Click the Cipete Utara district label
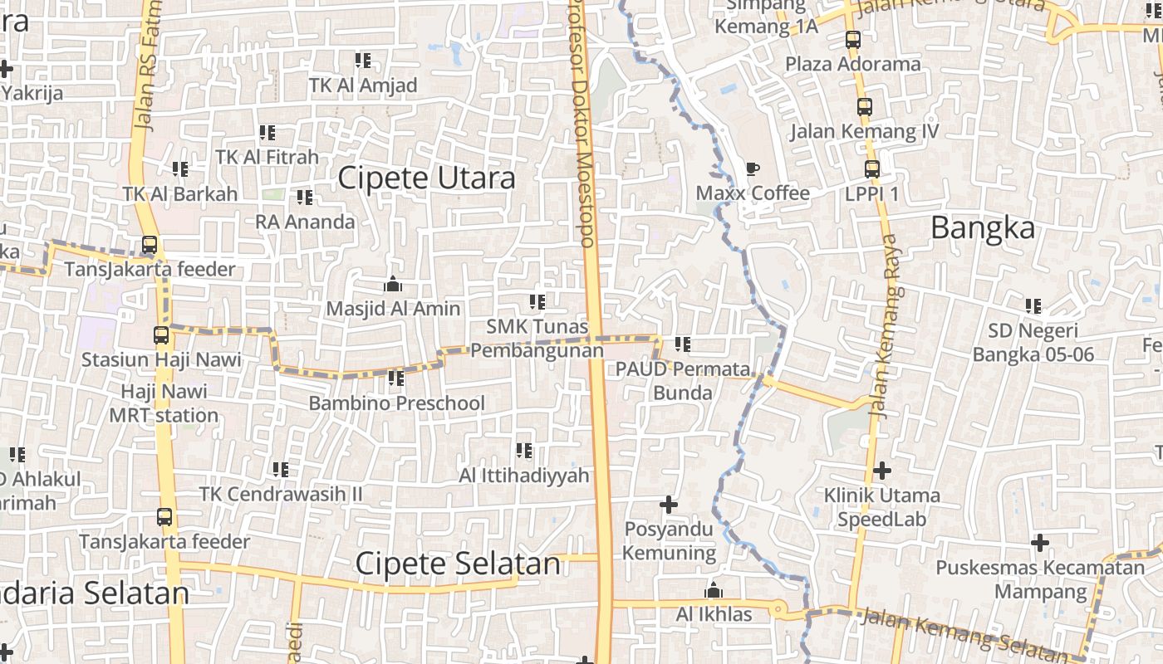[426, 178]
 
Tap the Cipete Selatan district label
[458, 564]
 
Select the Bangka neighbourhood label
[983, 227]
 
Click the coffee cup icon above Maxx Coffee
[752, 169]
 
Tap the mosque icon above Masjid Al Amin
[393, 285]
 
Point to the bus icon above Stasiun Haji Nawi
[161, 335]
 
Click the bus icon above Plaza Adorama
[852, 39]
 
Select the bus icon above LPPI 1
[871, 169]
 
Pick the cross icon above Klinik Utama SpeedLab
[881, 471]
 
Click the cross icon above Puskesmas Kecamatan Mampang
[1039, 544]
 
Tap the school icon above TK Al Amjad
[363, 61]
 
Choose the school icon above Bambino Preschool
[396, 378]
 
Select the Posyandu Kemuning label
[669, 540]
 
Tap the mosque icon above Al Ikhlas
[713, 591]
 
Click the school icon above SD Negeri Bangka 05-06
[1033, 306]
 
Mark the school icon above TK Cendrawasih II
[281, 470]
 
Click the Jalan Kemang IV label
[864, 131]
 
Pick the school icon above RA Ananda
[305, 198]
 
